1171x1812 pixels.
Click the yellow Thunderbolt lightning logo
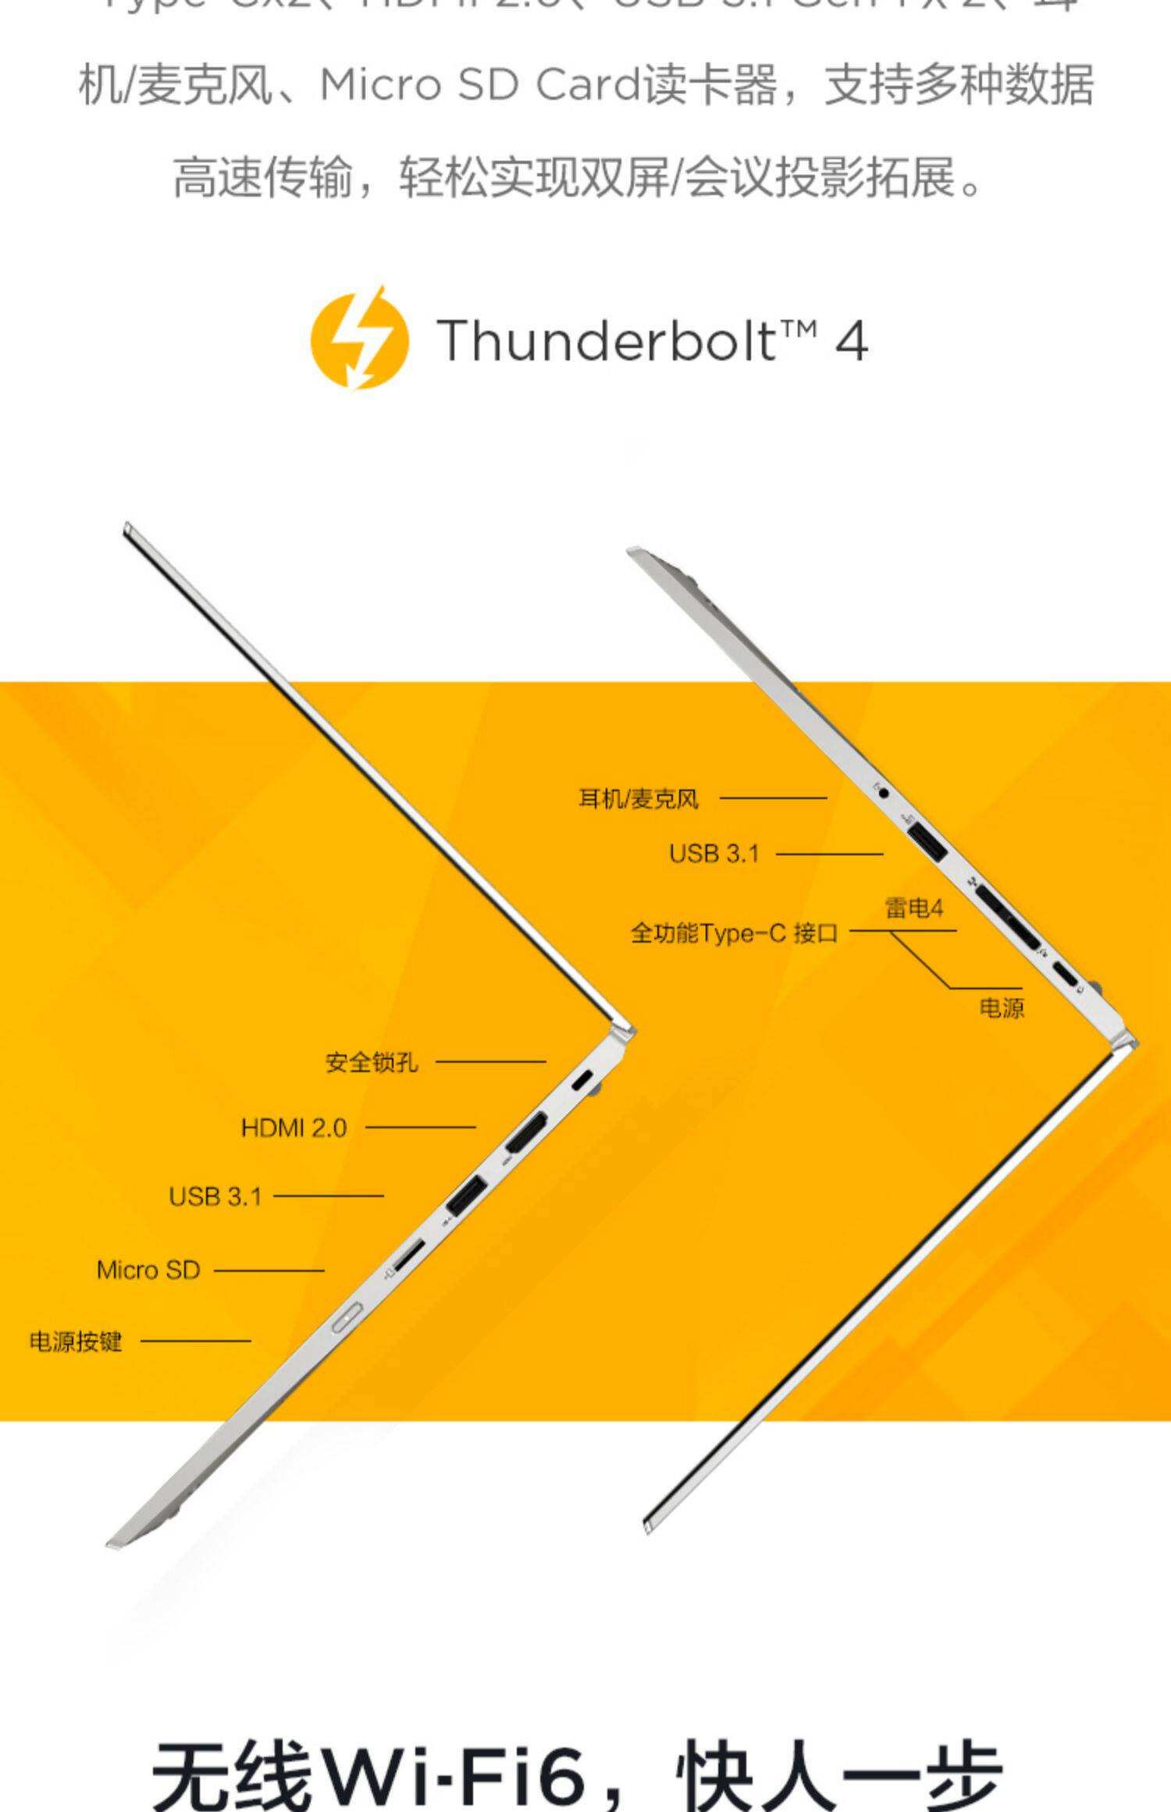(x=360, y=339)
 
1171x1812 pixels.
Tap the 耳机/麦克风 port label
(x=638, y=799)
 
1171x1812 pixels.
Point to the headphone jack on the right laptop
(x=884, y=793)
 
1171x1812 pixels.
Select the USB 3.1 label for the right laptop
(x=714, y=854)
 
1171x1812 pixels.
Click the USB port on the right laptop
(x=928, y=842)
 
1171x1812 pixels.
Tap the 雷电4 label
(x=913, y=908)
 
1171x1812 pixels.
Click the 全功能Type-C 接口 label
(x=734, y=933)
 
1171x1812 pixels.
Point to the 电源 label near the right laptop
(x=1002, y=1008)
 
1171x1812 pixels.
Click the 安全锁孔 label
(x=372, y=1062)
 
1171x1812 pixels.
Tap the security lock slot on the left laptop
(x=582, y=1082)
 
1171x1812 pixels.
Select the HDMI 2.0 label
(x=294, y=1128)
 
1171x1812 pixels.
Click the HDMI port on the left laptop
(x=526, y=1133)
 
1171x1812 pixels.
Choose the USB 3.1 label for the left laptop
(x=215, y=1196)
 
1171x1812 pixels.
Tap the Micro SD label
(x=148, y=1270)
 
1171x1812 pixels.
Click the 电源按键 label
(x=76, y=1341)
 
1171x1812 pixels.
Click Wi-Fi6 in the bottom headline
(x=454, y=1775)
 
